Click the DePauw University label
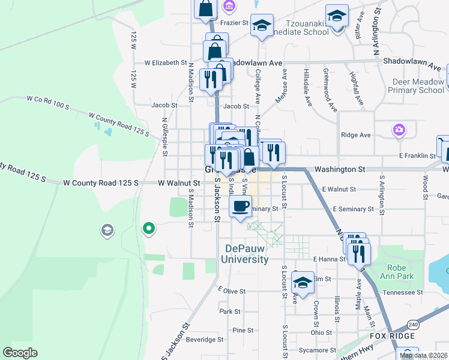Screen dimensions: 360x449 click(x=246, y=254)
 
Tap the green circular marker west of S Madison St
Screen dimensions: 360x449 click(x=148, y=228)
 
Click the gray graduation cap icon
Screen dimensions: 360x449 click(x=107, y=230)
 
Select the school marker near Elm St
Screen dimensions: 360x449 click(x=303, y=283)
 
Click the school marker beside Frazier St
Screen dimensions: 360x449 click(x=262, y=26)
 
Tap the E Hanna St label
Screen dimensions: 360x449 click(x=329, y=259)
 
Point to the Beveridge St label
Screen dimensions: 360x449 click(x=204, y=339)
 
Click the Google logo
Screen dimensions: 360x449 click(x=20, y=352)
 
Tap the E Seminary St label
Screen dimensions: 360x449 click(x=352, y=209)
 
